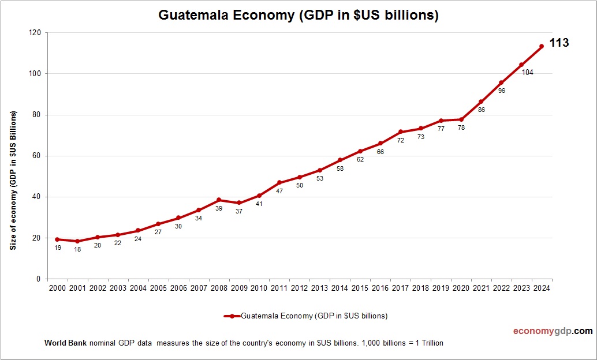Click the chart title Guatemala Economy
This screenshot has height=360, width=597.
coord(298,16)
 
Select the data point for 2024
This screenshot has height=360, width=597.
coord(542,46)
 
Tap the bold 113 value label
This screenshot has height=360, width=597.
coord(559,43)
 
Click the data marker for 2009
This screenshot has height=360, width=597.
coord(239,202)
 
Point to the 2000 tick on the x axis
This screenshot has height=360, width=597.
coord(57,288)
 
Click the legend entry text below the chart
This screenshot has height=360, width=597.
coord(314,316)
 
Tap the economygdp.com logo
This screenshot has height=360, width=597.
coord(553,331)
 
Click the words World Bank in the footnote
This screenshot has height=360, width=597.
coord(65,343)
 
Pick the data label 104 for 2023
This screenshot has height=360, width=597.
coord(527,73)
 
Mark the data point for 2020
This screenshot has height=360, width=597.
coord(461,119)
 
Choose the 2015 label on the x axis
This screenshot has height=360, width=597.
coord(360,288)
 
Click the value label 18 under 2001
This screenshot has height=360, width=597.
coord(77,249)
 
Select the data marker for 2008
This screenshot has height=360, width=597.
coord(219,200)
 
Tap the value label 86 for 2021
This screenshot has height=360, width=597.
coord(481,110)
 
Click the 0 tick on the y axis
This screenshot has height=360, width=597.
coord(38,279)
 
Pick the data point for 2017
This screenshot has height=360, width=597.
coord(400,132)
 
